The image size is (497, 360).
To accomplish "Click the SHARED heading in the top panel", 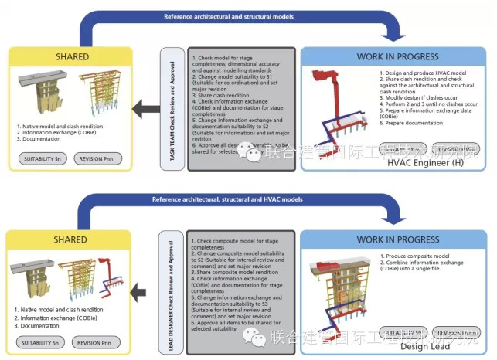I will click(72, 56).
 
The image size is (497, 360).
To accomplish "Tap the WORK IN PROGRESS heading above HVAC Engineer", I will click(393, 57).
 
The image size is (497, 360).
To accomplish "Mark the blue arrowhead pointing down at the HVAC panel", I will click(391, 32).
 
